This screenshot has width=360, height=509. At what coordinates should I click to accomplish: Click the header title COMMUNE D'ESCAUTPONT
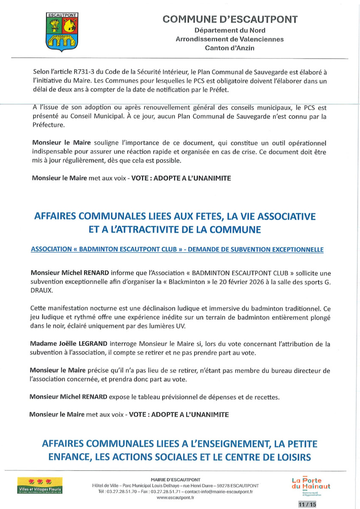(x=230, y=19)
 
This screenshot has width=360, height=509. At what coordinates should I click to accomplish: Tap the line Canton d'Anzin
(x=229, y=48)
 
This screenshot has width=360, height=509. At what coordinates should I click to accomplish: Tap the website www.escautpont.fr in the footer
(x=176, y=497)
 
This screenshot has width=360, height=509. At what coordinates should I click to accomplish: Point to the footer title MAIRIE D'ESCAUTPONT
(x=176, y=479)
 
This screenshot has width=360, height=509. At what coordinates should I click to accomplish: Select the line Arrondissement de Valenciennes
(x=229, y=39)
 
